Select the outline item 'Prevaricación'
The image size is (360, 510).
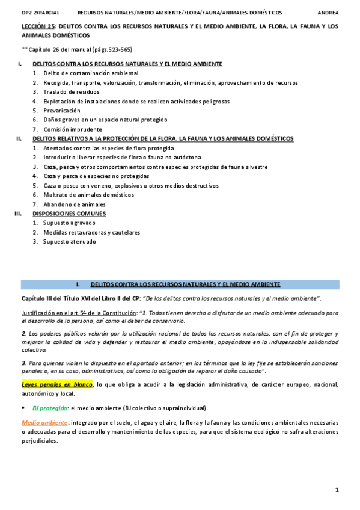click(x=61, y=111)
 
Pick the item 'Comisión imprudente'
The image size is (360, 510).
click(x=73, y=129)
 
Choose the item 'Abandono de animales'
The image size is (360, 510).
click(x=74, y=204)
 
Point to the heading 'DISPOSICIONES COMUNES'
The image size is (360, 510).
click(x=69, y=214)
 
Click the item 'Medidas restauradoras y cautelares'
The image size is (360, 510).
click(x=91, y=232)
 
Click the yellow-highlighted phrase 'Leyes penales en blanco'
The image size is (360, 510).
click(x=56, y=384)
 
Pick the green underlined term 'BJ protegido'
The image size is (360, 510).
click(x=50, y=407)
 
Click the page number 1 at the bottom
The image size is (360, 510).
click(x=337, y=490)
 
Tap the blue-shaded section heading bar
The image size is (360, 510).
click(x=180, y=284)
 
